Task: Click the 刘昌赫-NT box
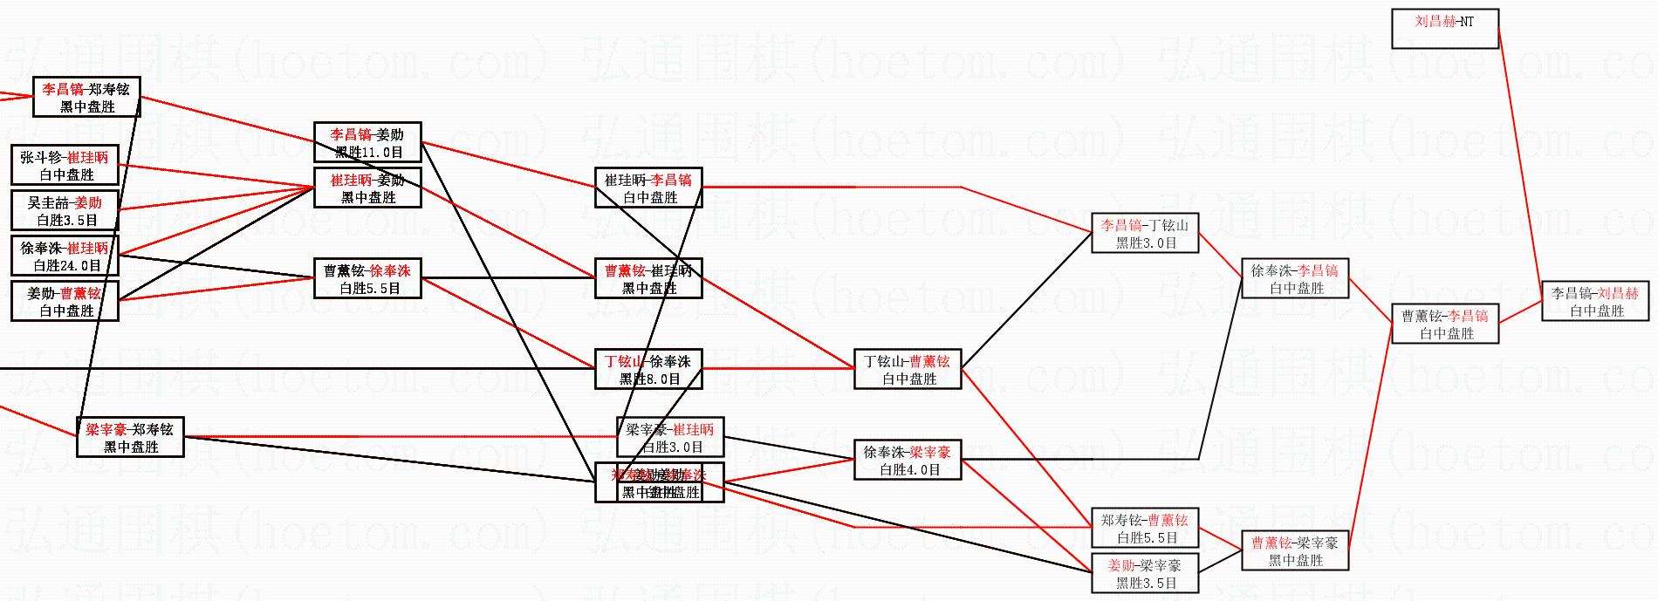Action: pyautogui.click(x=1444, y=29)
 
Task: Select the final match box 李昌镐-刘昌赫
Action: pyautogui.click(x=1595, y=301)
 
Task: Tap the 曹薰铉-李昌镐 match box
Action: pyautogui.click(x=1445, y=324)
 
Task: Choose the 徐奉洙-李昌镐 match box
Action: pyautogui.click(x=1295, y=278)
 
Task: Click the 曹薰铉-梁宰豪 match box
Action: pyautogui.click(x=1295, y=550)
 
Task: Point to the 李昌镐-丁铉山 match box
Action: pyautogui.click(x=1145, y=233)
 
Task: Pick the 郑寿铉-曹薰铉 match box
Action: pyautogui.click(x=1145, y=528)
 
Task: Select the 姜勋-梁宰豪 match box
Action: pyautogui.click(x=1145, y=573)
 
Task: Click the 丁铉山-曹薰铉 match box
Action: pyautogui.click(x=908, y=369)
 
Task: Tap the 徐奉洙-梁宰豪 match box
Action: pyautogui.click(x=908, y=460)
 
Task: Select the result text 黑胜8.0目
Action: pyautogui.click(x=649, y=379)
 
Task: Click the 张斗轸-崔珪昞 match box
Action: pyautogui.click(x=65, y=165)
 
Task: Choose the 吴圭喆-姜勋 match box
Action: pyautogui.click(x=65, y=210)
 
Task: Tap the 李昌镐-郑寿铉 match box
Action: pyautogui.click(x=86, y=97)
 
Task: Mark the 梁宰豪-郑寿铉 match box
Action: pyautogui.click(x=130, y=437)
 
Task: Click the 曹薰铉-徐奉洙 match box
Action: pyautogui.click(x=367, y=278)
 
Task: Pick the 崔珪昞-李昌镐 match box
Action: pyautogui.click(x=648, y=188)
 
